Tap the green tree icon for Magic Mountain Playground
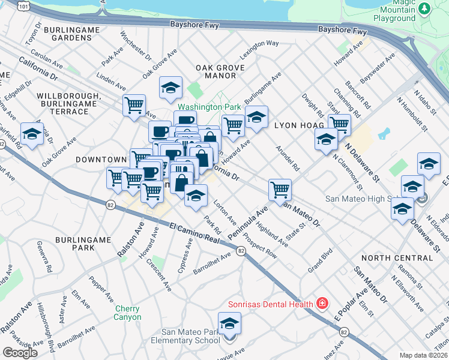[x=425, y=8]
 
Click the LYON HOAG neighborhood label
[x=299, y=126]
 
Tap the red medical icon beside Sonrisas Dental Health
[x=322, y=304]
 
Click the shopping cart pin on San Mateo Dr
[x=280, y=190]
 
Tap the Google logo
[x=20, y=353]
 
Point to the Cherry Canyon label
[x=128, y=313]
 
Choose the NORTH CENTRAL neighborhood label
[x=397, y=258]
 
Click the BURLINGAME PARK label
[x=83, y=243]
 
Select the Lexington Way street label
[x=260, y=44]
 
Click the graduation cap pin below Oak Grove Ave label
[x=170, y=88]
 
